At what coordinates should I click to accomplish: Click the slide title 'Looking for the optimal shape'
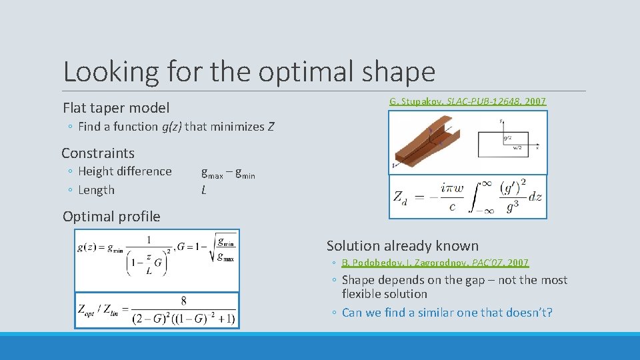tap(249, 71)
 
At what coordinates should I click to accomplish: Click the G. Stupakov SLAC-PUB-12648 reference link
tap(467, 101)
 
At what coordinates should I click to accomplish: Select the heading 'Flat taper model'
tap(116, 107)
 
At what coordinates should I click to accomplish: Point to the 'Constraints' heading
tap(98, 153)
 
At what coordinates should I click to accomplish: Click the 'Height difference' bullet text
tap(125, 171)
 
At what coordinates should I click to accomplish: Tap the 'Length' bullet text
tap(96, 190)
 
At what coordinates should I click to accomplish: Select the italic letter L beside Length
tap(203, 190)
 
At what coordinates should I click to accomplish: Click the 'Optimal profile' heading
tap(111, 216)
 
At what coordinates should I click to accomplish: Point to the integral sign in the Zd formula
tap(481, 195)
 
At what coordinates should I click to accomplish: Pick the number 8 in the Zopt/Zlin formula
tap(183, 301)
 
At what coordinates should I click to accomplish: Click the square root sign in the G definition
tap(212, 248)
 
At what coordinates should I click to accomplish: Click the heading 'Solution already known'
tap(402, 246)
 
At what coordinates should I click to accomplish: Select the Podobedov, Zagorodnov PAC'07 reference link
tap(435, 263)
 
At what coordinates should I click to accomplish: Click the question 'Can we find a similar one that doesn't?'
tap(447, 313)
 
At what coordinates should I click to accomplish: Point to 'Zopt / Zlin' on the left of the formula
tap(98, 310)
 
